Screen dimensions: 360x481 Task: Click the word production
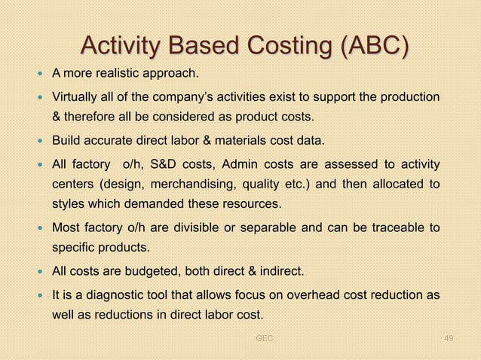click(410, 98)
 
